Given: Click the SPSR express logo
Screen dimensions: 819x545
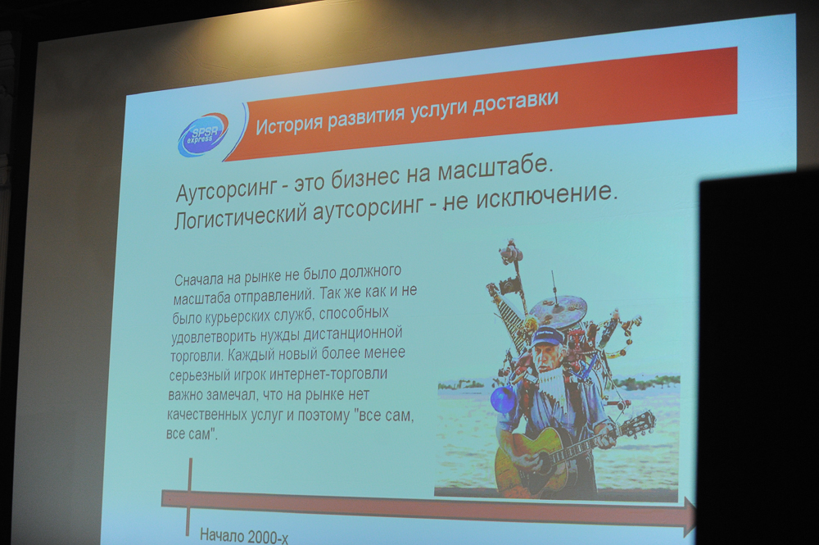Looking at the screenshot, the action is point(203,134).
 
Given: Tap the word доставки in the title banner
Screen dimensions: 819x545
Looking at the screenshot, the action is point(515,102).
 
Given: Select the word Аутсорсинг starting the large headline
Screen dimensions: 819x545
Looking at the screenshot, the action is point(226,189).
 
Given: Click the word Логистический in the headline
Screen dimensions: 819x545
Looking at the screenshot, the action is point(239,216).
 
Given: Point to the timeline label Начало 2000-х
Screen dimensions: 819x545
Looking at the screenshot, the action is point(244,536).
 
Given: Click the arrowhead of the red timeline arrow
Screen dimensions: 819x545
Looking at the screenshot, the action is point(690,517).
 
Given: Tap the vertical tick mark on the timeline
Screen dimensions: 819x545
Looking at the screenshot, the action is point(189,497).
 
